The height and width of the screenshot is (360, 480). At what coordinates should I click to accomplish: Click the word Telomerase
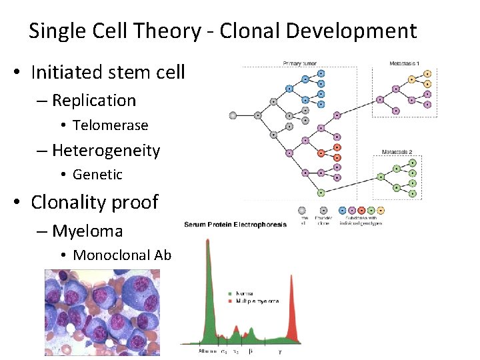click(110, 125)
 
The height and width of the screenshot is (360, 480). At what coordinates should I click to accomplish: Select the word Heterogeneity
click(106, 151)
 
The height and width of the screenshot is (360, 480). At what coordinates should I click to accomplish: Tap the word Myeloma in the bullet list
click(87, 231)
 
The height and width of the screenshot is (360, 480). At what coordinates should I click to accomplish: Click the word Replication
click(93, 101)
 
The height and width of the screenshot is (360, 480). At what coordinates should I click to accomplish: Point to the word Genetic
click(97, 175)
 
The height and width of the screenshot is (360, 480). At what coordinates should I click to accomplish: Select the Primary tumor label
click(299, 64)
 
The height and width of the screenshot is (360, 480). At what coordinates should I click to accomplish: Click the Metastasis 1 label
click(405, 64)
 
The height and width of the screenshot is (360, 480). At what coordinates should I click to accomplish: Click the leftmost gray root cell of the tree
click(233, 115)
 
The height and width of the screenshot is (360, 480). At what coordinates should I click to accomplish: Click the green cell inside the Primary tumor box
click(321, 193)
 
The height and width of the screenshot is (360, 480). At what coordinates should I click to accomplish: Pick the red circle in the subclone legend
click(361, 209)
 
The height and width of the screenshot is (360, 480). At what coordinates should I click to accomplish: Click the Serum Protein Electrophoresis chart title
click(235, 225)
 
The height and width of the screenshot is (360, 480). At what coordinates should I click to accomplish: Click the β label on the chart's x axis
click(250, 351)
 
